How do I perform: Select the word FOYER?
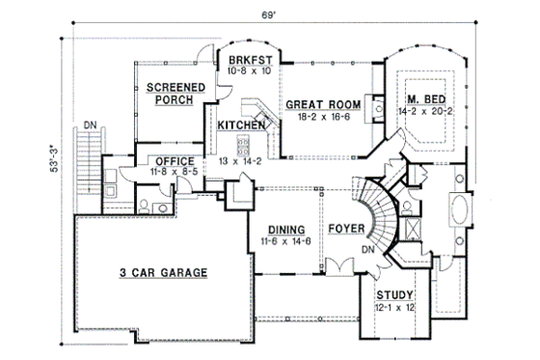345,230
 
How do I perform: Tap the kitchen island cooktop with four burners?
243,146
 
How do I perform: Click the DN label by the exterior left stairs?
89,124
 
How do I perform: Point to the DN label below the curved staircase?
367,249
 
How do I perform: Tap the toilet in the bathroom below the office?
144,205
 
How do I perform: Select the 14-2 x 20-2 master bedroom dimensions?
424,114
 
